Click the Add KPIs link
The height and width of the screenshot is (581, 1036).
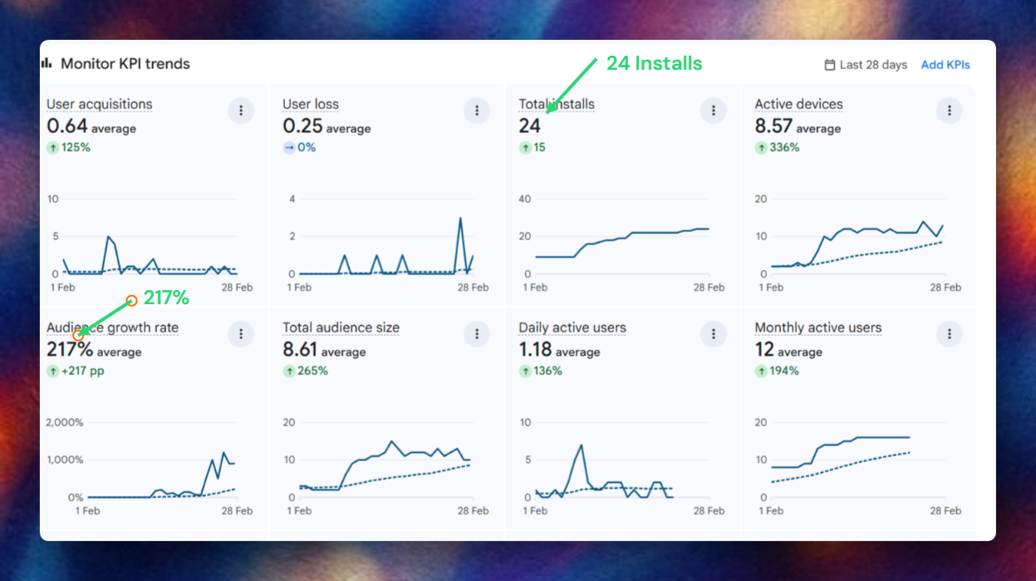tap(945, 65)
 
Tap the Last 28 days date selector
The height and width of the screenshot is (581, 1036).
tap(865, 65)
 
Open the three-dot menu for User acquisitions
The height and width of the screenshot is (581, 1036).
tap(241, 111)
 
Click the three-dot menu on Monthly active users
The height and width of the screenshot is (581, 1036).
tap(949, 334)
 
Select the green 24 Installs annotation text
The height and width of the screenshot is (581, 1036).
tap(654, 63)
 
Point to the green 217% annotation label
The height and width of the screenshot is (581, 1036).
tap(166, 298)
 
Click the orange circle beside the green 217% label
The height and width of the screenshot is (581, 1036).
tap(131, 300)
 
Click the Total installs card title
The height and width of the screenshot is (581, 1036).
tap(556, 105)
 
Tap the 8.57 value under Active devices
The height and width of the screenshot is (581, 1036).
tap(773, 126)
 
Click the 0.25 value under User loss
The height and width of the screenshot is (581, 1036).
tap(302, 126)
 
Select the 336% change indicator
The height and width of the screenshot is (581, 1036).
tap(783, 148)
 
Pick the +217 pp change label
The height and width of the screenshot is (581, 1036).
tap(82, 372)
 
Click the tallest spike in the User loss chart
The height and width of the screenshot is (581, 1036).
tap(459, 219)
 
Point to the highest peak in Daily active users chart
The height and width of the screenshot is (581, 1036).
tap(582, 445)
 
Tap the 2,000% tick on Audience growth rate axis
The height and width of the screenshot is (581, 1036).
tap(65, 422)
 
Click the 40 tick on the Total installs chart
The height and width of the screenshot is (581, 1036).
tap(524, 199)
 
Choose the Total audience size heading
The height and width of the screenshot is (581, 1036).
tap(341, 328)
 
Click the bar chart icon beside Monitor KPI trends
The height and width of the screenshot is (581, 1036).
tap(47, 63)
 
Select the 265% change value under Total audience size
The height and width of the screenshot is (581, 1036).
tap(312, 372)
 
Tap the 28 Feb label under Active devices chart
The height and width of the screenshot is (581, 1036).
tap(945, 288)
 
